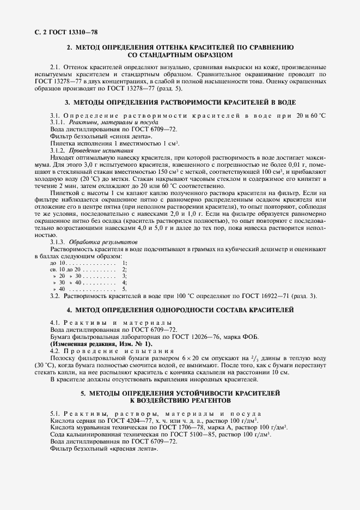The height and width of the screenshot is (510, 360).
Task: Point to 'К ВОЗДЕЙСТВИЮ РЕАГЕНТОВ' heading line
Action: [x=180, y=400]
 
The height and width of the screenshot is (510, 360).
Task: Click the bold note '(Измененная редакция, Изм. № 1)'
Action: [x=102, y=344]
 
